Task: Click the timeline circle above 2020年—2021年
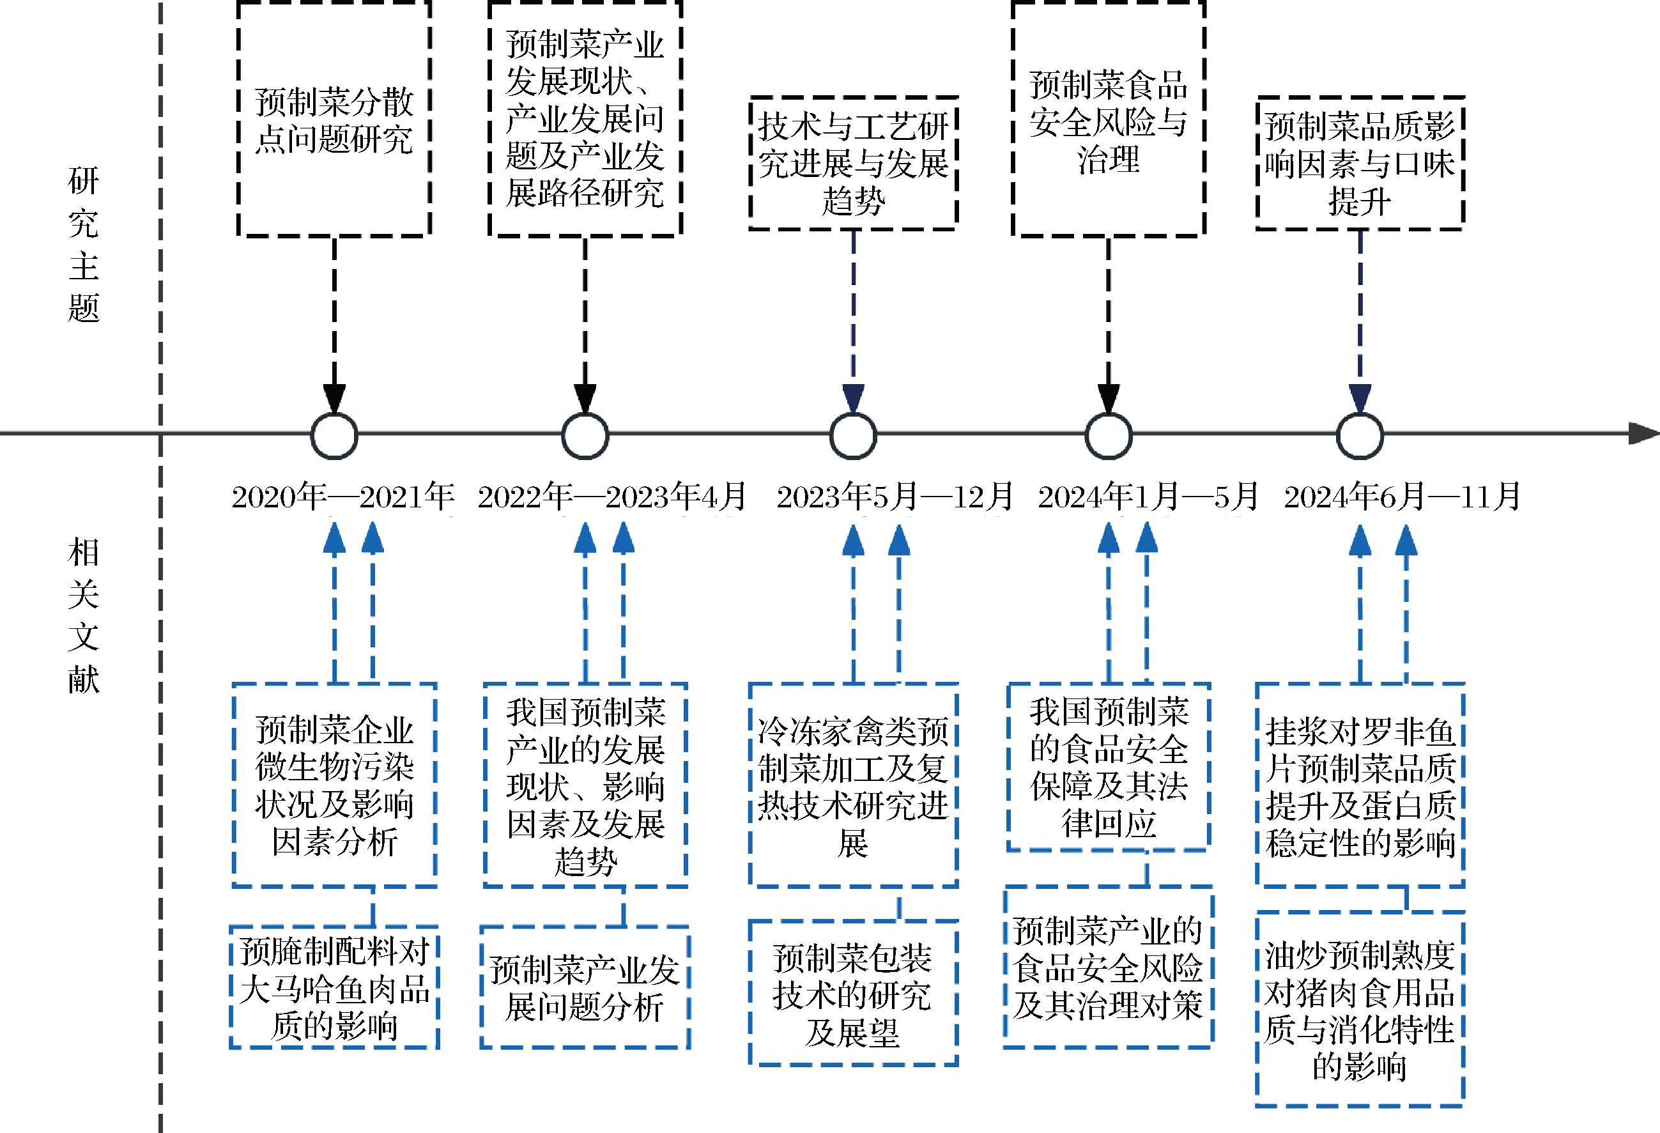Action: click(334, 435)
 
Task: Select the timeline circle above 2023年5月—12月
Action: click(853, 435)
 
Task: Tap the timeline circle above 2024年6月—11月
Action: click(1359, 435)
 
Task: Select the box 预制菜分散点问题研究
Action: click(334, 120)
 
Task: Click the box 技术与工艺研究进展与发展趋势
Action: click(853, 163)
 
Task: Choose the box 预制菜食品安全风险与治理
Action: click(1108, 120)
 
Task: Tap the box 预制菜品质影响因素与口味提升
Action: click(1359, 163)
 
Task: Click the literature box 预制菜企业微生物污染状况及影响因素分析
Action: click(334, 784)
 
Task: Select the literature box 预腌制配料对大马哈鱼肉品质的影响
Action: click(334, 987)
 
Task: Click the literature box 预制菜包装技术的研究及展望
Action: click(853, 994)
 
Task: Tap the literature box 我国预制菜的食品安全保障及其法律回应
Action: click(1108, 767)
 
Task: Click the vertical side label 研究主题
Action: click(84, 245)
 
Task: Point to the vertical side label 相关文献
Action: click(84, 616)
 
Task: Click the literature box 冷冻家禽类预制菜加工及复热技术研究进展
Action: click(853, 784)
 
